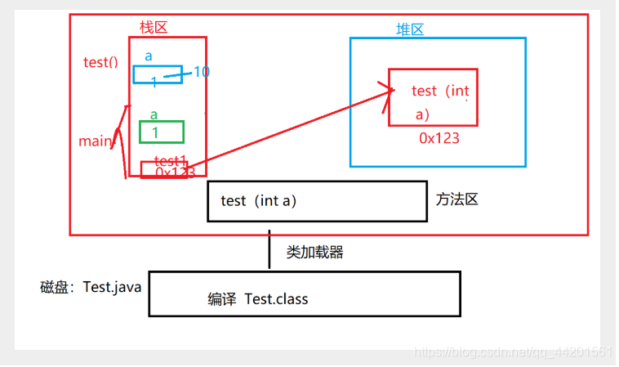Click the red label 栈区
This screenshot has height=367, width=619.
[154, 27]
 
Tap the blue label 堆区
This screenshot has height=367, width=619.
[410, 29]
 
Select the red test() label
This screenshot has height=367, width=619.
[100, 62]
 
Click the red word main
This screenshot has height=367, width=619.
[95, 141]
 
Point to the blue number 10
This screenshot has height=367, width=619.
[202, 72]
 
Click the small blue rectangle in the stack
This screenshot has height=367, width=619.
[157, 74]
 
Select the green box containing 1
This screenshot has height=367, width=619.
[161, 132]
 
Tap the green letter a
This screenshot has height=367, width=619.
[154, 114]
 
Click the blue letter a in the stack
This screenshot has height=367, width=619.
[149, 56]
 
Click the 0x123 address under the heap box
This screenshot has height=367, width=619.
[439, 138]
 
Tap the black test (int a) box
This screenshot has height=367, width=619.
[317, 201]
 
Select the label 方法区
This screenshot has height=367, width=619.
[456, 199]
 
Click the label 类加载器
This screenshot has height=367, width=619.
[314, 252]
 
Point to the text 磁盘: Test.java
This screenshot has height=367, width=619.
[91, 288]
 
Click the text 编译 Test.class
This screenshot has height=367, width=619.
[258, 299]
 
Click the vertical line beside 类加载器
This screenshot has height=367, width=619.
[269, 249]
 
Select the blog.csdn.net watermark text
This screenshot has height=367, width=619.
[513, 351]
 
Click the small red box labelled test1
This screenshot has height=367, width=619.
[163, 169]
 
